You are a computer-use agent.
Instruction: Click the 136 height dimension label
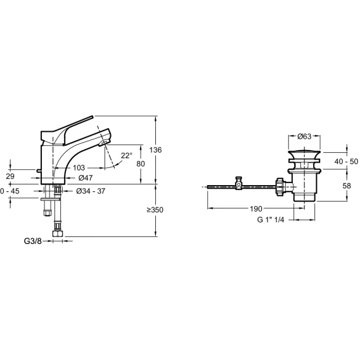pyautogui.click(x=155, y=150)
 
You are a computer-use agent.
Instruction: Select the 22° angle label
pyautogui.click(x=127, y=156)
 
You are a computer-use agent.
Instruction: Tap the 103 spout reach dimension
pyautogui.click(x=79, y=168)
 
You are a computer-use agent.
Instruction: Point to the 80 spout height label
pyautogui.click(x=141, y=164)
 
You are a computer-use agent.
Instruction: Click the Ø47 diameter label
pyautogui.click(x=86, y=177)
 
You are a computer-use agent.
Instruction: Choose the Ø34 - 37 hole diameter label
pyautogui.click(x=91, y=191)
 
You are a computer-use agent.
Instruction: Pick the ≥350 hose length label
pyautogui.click(x=155, y=210)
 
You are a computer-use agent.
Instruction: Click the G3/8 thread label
pyautogui.click(x=33, y=241)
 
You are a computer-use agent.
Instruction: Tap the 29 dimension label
pyautogui.click(x=10, y=176)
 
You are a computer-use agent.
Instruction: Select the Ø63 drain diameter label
pyautogui.click(x=304, y=137)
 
